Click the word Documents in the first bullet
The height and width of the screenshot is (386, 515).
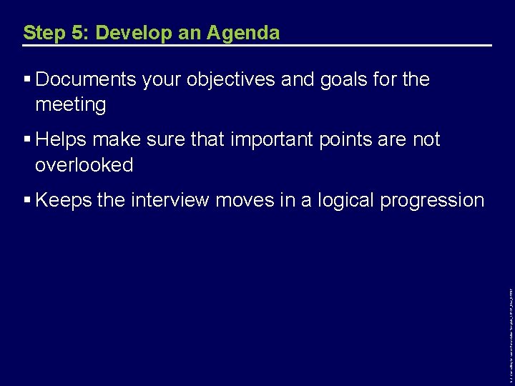pos(87,79)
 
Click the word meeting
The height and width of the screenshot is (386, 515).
pos(70,105)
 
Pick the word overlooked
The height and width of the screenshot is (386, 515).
pos(84,165)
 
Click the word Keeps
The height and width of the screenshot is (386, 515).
pos(63,200)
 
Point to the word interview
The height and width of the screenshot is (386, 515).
pos(170,200)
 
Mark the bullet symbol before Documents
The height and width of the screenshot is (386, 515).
pos(27,79)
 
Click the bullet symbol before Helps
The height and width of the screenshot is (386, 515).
pos(27,139)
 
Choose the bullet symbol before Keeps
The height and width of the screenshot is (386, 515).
pos(27,200)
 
